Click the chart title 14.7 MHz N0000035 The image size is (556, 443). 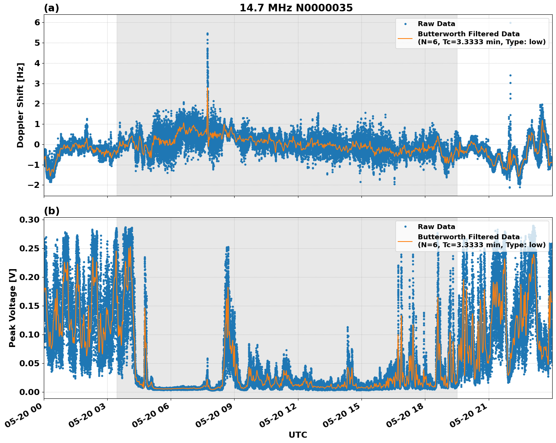coord(296,8)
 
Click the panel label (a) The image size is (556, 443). coord(51,8)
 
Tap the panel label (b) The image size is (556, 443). coord(51,211)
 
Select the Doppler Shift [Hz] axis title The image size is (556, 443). coord(20,105)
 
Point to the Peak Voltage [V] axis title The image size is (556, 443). coord(12,308)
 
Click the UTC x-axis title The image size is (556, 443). coord(298,435)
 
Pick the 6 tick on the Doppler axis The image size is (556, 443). coord(37,23)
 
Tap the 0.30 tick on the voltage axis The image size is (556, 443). coord(30,220)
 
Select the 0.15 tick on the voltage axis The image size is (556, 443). coord(30,306)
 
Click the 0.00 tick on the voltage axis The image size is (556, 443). coord(30,392)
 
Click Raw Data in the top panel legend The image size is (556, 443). coord(436,24)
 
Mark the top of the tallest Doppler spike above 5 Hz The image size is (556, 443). coord(207,34)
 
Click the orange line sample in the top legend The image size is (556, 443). coord(405,38)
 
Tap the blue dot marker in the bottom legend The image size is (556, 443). coord(405,227)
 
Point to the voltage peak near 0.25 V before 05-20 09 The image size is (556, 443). coord(227,247)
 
